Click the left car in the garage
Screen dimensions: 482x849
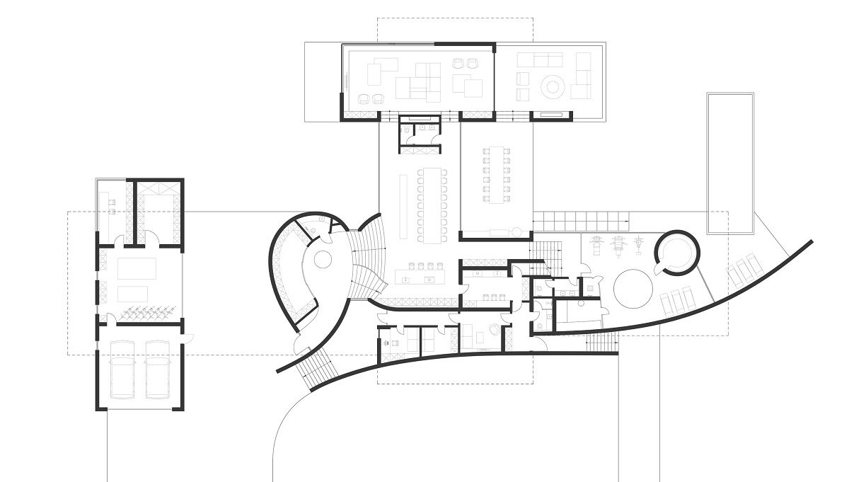pyautogui.click(x=125, y=368)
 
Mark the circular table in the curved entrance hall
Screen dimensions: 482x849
pyautogui.click(x=323, y=260)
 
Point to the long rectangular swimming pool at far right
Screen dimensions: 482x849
pyautogui.click(x=729, y=163)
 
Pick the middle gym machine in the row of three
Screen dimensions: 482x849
pyautogui.click(x=618, y=245)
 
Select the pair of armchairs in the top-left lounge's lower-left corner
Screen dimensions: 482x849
pyautogui.click(x=371, y=99)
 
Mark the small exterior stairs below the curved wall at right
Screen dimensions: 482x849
pyautogui.click(x=602, y=344)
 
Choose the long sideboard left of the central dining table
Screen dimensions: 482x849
pyautogui.click(x=404, y=205)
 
